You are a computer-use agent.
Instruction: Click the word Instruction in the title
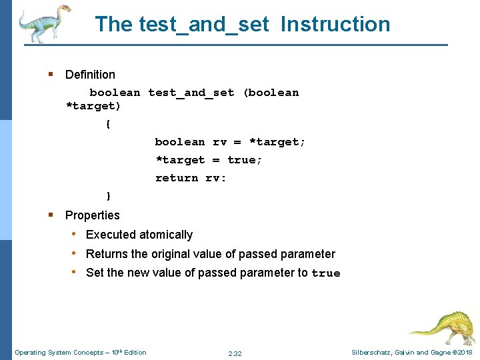coord(335,25)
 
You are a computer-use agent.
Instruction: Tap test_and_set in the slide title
coord(204,25)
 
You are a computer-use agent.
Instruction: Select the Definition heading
coord(90,75)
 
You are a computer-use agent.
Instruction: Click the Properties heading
coord(92,215)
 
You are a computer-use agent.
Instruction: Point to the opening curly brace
coord(108,124)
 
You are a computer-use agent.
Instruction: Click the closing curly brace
coord(108,196)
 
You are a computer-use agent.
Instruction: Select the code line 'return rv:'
coord(191,178)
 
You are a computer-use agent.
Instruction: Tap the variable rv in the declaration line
coord(219,142)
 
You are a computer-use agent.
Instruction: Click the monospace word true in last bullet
coord(326,273)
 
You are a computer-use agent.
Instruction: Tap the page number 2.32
coord(235,353)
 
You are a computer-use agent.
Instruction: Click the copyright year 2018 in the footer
coord(464,353)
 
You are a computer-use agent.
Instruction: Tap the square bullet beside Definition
coord(51,74)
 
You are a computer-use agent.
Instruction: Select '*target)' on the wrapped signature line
coord(93,106)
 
